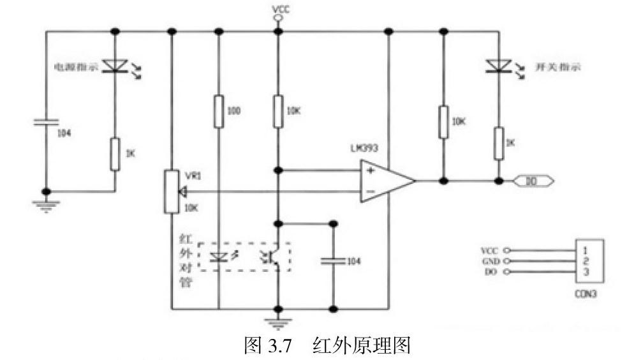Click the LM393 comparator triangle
pyautogui.click(x=385, y=181)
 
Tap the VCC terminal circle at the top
pyautogui.click(x=277, y=19)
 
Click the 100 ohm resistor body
pyautogui.click(x=219, y=110)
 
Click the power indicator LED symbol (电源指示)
pyautogui.click(x=115, y=64)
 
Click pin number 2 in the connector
pyautogui.click(x=584, y=261)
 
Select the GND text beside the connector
pyautogui.click(x=487, y=261)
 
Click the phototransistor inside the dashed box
pyautogui.click(x=272, y=257)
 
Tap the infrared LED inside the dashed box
pyautogui.click(x=219, y=257)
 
